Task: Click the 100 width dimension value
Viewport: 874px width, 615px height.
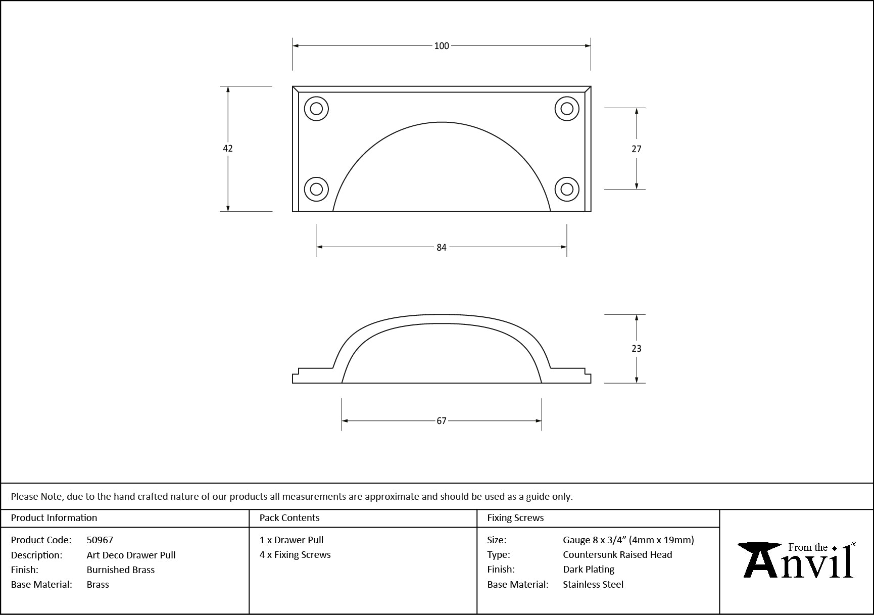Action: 442,46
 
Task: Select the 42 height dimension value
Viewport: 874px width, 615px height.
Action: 228,148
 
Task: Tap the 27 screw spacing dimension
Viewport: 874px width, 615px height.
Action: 637,149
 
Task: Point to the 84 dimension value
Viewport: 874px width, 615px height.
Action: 442,247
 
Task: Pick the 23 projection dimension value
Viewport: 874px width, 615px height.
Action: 637,348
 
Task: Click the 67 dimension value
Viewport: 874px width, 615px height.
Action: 442,421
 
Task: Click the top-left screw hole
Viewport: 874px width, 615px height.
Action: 316,109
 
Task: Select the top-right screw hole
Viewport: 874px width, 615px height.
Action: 567,109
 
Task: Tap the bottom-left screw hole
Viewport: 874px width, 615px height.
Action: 316,189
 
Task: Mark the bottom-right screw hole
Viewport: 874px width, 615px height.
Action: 567,189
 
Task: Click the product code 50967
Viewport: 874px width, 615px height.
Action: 100,540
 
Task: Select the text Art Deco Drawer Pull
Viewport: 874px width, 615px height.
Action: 131,555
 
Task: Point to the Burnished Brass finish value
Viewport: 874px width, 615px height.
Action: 121,570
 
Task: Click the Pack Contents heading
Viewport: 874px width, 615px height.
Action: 289,517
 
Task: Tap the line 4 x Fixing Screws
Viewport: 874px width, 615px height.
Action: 295,554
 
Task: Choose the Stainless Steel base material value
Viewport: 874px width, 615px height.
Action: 593,584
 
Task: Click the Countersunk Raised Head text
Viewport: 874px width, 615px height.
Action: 617,554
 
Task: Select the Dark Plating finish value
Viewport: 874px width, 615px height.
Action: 589,570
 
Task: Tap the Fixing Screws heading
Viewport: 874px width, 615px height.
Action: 515,517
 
